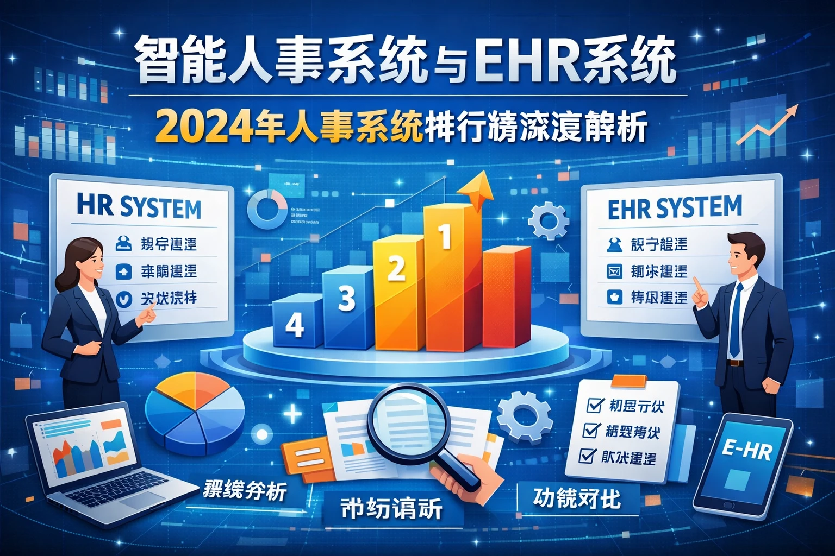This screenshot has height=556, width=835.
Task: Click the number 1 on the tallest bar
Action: coord(445,238)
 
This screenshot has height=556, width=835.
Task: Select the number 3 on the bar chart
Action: coord(346,298)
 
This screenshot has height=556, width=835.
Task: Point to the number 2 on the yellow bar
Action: coord(396,268)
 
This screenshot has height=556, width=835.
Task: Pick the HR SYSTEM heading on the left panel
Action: coord(139,208)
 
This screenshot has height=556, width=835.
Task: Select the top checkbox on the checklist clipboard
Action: coord(596,405)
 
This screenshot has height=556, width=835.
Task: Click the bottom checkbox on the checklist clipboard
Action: coord(587,456)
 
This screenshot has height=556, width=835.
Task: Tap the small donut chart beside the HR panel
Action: coord(267,208)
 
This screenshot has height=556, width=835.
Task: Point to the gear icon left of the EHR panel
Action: coord(550,222)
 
